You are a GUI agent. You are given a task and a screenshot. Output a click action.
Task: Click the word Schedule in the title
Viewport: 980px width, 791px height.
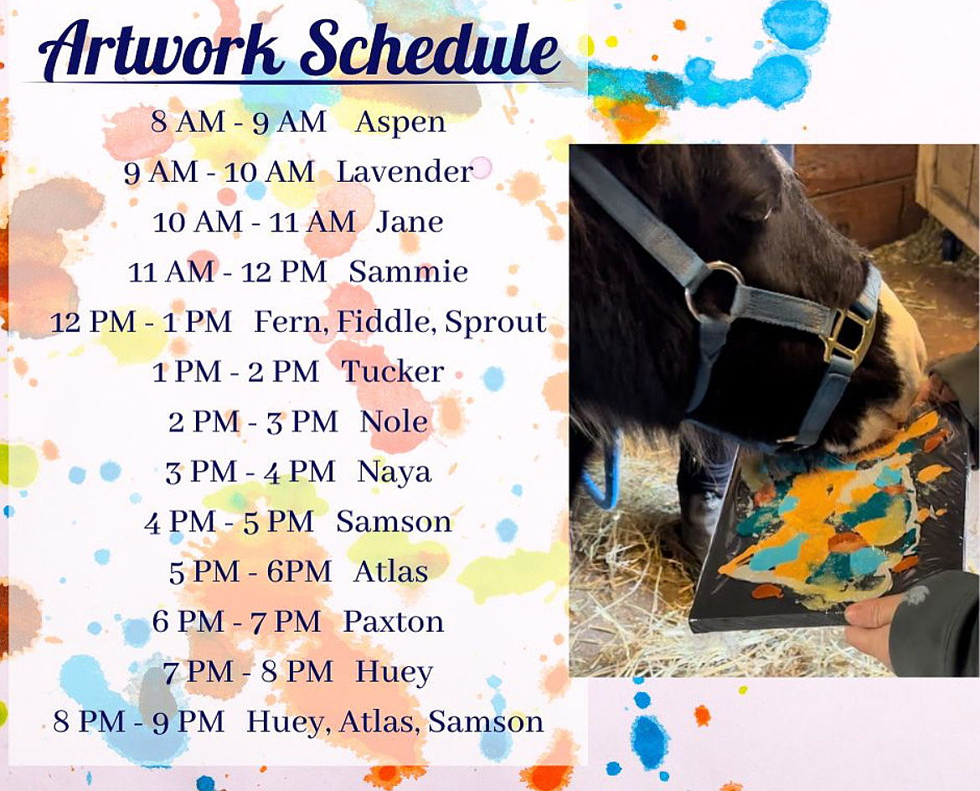coord(430,48)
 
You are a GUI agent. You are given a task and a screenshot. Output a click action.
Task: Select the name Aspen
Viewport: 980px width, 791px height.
coord(400,121)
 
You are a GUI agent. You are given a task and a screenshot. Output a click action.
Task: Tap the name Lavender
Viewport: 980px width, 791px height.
coord(405,171)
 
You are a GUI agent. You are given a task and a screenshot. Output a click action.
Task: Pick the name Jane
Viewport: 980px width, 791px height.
coord(410,222)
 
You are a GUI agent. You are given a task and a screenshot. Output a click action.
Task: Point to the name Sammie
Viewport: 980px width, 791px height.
coord(408,271)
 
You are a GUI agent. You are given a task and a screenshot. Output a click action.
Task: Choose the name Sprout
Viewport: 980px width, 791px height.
coord(496,323)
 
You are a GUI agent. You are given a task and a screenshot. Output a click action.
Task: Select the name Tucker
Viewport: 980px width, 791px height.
coord(393,371)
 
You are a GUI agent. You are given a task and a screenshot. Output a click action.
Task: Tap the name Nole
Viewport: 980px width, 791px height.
coord(394,421)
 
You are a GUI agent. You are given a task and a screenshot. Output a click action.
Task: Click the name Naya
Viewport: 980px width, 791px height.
coord(395,473)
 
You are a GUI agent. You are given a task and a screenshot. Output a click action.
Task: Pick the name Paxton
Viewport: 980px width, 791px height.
coord(393,622)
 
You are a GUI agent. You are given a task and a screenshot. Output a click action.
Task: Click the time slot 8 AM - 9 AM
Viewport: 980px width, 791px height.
coord(238,121)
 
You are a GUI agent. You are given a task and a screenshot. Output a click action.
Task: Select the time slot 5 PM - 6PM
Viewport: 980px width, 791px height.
coord(250,571)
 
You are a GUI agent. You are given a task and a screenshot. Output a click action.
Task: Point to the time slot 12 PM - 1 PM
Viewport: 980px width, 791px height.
coord(141,322)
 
